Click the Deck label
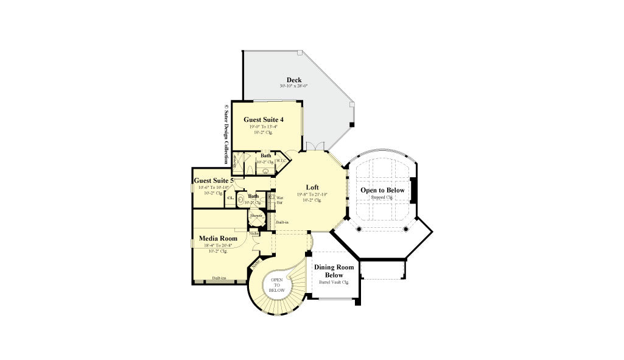(x=294, y=80)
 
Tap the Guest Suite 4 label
(x=264, y=119)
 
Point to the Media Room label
(x=218, y=238)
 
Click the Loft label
(x=312, y=188)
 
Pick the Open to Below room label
(x=382, y=190)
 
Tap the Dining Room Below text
(x=333, y=271)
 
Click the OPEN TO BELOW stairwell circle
(x=276, y=286)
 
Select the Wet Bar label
(x=280, y=200)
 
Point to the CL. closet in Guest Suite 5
(x=230, y=198)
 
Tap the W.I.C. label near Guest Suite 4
(x=281, y=161)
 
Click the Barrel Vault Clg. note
(x=333, y=283)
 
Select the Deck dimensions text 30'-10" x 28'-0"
(x=294, y=86)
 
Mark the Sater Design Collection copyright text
(x=226, y=133)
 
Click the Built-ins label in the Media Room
(x=219, y=278)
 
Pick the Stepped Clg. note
(x=382, y=197)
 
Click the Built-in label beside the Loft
(x=282, y=222)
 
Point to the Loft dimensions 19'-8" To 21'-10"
(x=312, y=194)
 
